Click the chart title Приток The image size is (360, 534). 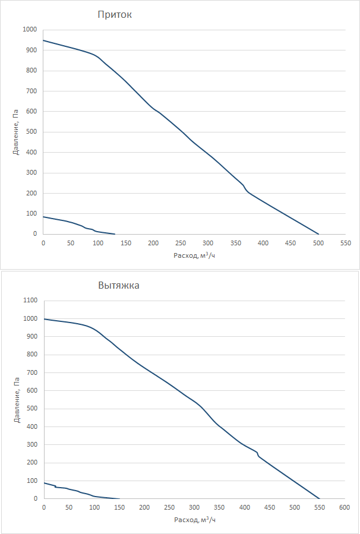tap(115, 15)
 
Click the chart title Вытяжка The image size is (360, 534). tap(119, 285)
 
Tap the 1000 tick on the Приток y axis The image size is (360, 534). tap(29, 30)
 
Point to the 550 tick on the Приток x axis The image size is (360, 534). tap(346, 243)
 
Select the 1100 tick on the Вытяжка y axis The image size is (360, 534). tap(29, 301)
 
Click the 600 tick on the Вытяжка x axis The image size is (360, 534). tap(345, 508)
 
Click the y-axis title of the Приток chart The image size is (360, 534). tap(16, 132)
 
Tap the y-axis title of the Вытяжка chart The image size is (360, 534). tap(16, 400)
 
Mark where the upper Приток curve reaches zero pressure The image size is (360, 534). tap(318, 234)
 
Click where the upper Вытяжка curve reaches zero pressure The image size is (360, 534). tap(320, 499)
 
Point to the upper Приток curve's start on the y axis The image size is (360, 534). tap(43, 40)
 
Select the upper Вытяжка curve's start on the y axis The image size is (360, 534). tap(44, 319)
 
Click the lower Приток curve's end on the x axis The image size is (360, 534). tap(115, 234)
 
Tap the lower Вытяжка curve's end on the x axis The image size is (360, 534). tap(119, 499)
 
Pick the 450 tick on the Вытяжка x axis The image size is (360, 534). tap(269, 508)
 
